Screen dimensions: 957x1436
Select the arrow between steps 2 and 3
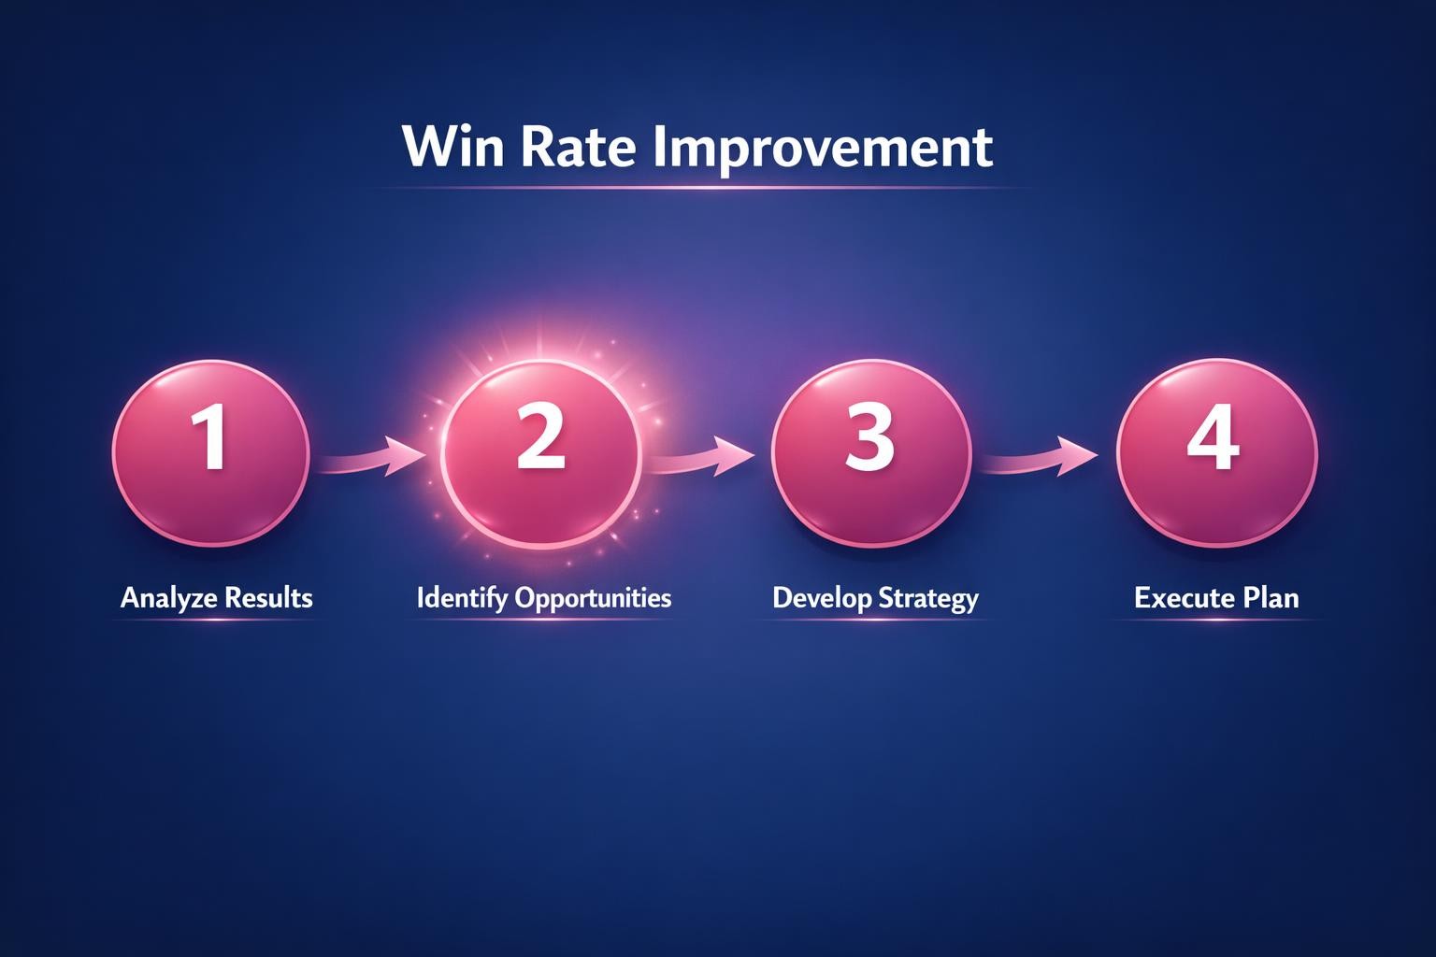coord(701,457)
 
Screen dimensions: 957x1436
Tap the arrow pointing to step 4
coord(1042,458)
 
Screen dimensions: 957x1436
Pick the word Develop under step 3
coord(820,598)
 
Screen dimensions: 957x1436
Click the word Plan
coord(1271,598)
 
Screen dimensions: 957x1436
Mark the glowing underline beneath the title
coord(696,188)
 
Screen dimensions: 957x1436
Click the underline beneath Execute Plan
coord(1215,621)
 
